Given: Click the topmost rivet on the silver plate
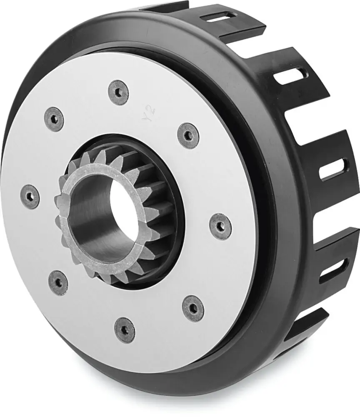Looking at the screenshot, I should [x=118, y=92].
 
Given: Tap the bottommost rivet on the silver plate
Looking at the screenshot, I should [x=125, y=330].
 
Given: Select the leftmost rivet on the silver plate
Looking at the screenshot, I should [x=30, y=196].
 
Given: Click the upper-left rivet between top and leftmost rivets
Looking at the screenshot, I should [x=54, y=119].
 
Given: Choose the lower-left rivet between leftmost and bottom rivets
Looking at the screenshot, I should [x=58, y=282].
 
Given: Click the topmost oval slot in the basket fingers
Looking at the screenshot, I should [x=217, y=17].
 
